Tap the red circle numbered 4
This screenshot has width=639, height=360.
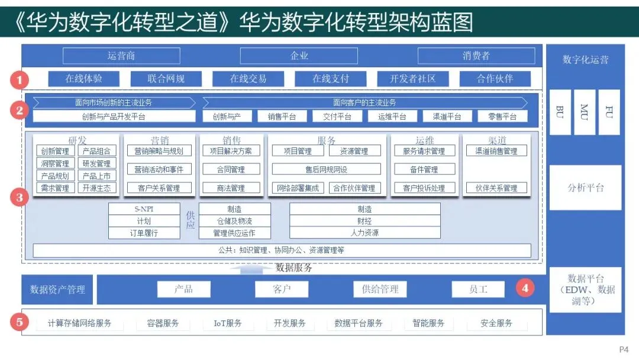coord(525,289)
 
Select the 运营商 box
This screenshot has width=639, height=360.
coord(121,56)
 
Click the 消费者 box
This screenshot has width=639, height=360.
coord(476,56)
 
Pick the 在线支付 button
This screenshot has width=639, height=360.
coord(331,79)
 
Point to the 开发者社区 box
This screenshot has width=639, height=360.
coord(413,79)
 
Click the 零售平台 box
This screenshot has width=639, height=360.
coord(502,117)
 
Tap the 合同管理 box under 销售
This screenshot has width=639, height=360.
coord(230,169)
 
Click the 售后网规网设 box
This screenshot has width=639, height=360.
coord(326,169)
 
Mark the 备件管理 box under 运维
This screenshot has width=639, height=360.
coord(424,169)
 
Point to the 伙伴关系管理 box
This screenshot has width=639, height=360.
coord(496,188)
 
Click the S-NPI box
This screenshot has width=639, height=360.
coord(144,209)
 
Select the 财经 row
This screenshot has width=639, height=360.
coord(364,221)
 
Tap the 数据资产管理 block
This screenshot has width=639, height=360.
coord(57,290)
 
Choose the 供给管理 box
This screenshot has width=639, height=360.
coord(380,289)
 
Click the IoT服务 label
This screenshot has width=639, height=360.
coord(228,323)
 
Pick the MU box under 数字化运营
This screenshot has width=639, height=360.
coord(585,112)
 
